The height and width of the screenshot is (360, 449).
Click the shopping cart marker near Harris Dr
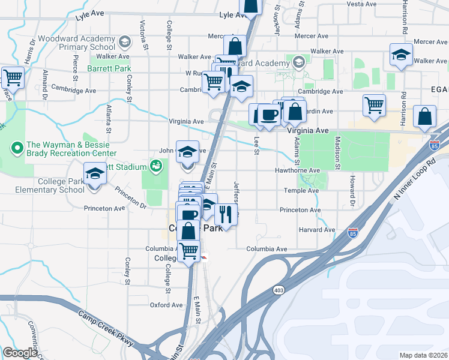(12, 77)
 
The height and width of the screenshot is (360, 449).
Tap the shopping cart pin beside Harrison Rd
(375, 105)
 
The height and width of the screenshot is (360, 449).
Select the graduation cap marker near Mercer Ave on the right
(401, 55)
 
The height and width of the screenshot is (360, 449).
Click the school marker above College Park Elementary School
(95, 174)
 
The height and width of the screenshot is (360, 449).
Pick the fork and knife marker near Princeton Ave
(226, 214)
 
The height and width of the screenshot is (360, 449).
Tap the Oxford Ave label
(166, 305)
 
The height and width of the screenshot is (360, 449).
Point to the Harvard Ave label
(321, 230)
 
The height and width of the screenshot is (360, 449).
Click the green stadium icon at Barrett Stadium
(157, 166)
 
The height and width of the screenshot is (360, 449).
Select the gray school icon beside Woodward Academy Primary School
(124, 41)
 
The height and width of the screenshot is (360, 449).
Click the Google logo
(20, 353)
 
